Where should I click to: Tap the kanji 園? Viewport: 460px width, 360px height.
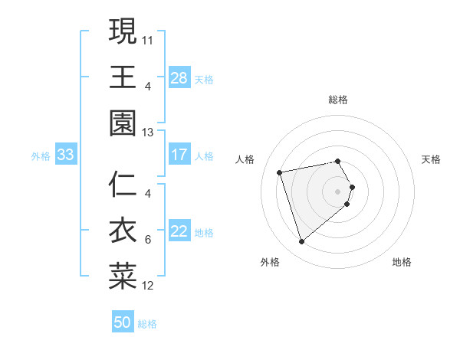[123, 123]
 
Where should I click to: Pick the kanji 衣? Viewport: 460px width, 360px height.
[123, 231]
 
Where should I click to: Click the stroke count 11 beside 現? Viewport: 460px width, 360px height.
[148, 39]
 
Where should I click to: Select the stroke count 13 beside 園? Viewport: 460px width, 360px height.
[148, 133]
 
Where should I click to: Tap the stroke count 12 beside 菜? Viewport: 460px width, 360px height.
[148, 286]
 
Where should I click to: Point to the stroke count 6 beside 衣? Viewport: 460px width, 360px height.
[148, 240]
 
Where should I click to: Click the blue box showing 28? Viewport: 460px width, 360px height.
[179, 77]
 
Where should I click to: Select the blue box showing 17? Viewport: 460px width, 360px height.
[179, 155]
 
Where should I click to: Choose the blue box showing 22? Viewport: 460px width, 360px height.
[179, 232]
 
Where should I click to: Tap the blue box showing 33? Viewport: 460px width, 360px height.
[66, 155]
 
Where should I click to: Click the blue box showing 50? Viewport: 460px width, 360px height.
[123, 322]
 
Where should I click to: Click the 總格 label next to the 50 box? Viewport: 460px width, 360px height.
[147, 324]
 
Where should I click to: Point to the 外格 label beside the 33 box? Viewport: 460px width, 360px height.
[41, 156]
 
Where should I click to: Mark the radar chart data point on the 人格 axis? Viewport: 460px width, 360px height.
[281, 172]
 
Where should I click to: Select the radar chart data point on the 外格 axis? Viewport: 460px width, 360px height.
[302, 242]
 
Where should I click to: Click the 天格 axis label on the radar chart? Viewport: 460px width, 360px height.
[432, 159]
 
